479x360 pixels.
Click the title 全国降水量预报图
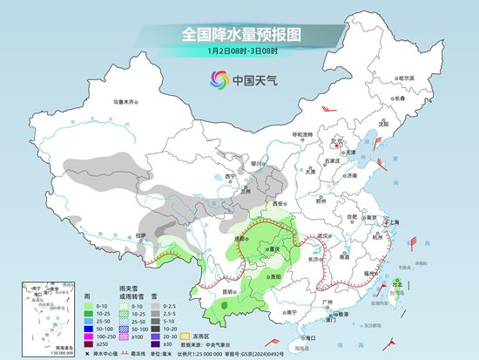point(239,34)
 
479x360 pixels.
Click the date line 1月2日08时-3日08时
point(239,51)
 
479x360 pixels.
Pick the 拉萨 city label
point(146,235)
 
